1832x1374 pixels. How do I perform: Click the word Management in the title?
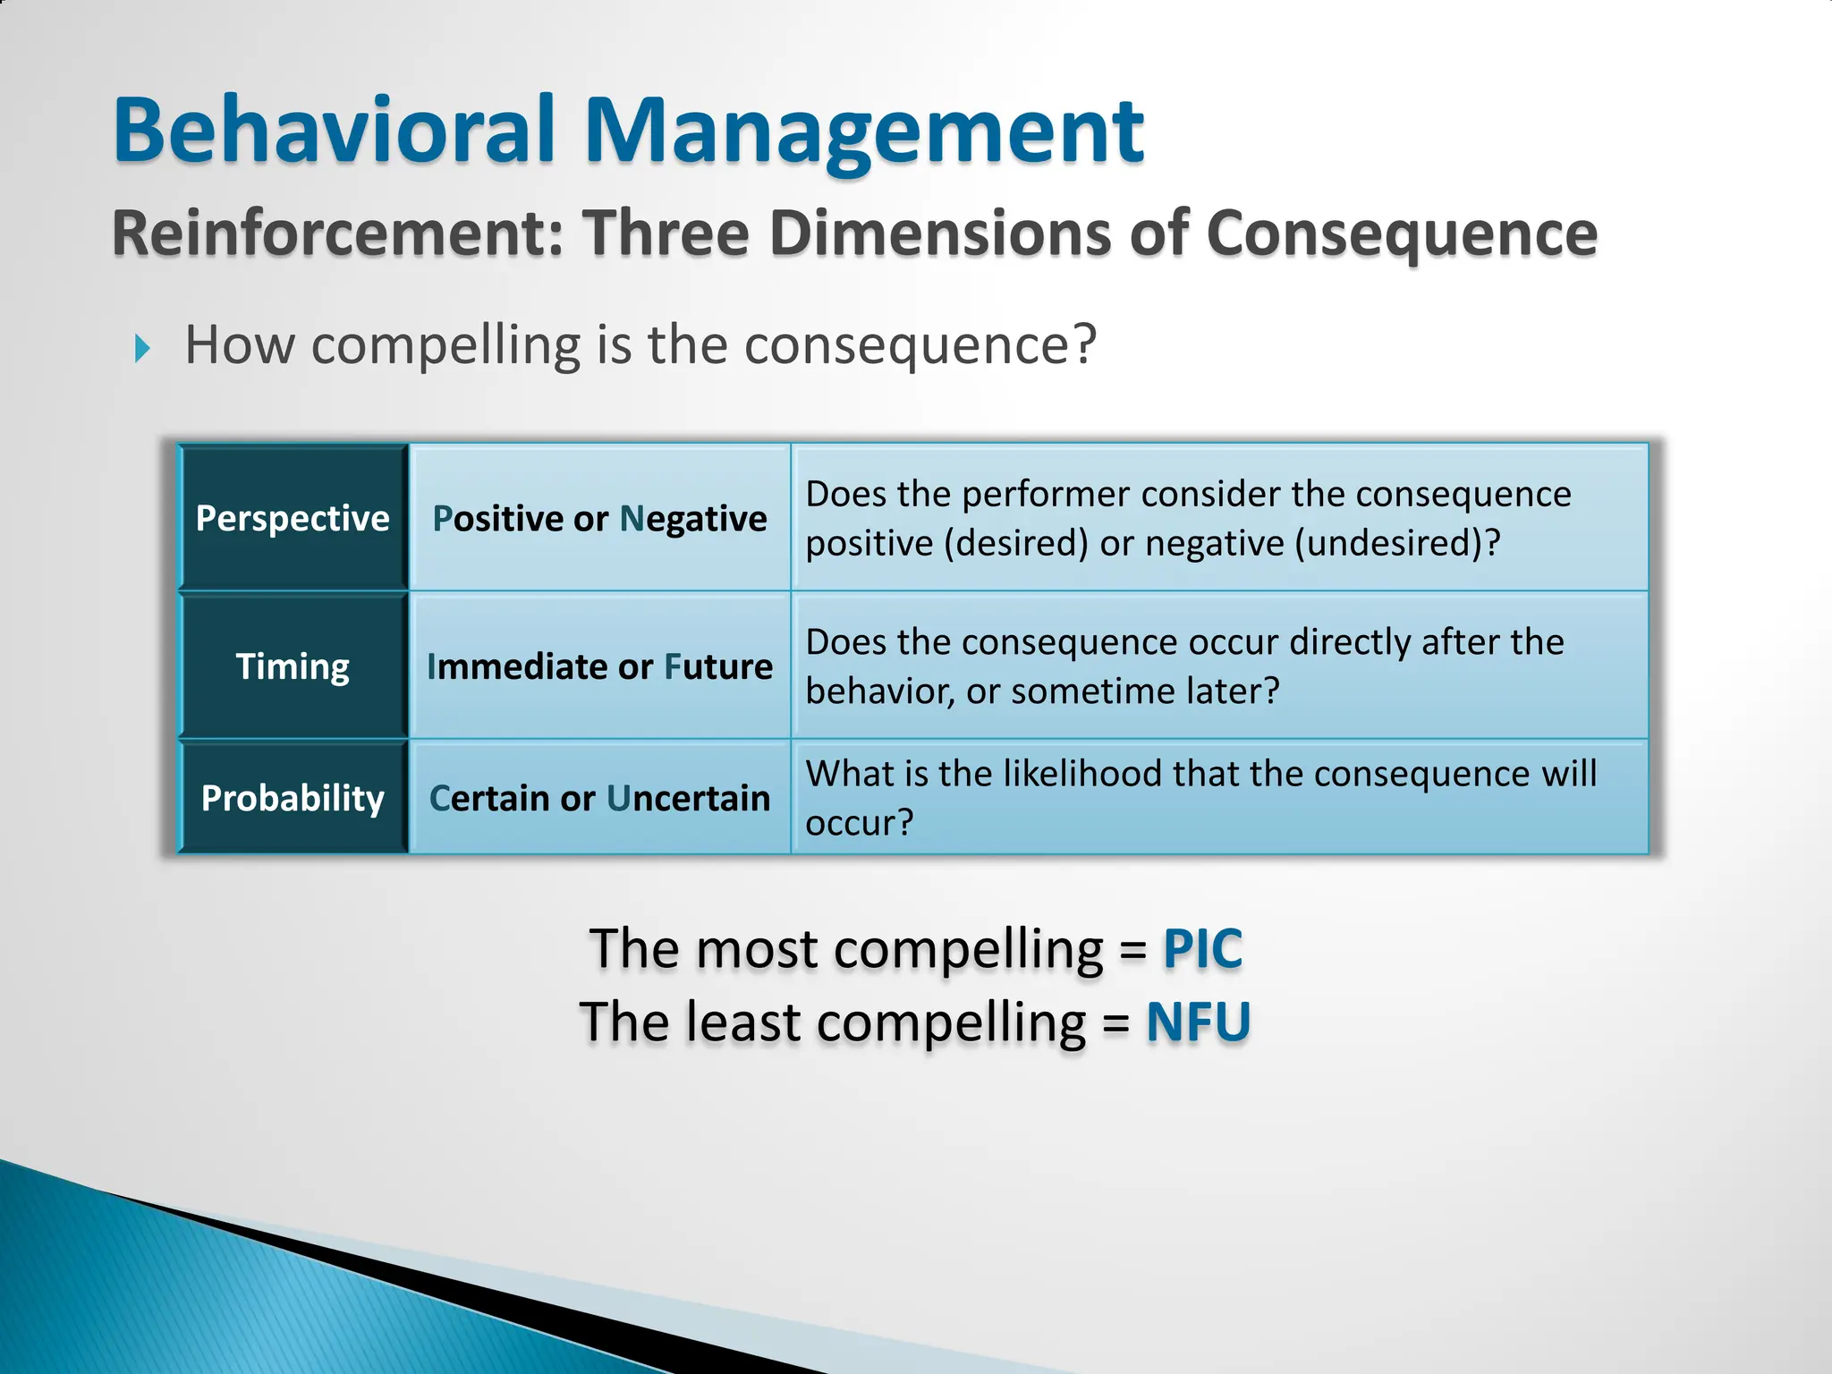point(864,132)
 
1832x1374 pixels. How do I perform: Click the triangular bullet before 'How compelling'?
point(142,348)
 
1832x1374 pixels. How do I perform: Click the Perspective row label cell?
point(293,518)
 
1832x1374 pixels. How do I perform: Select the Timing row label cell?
point(293,666)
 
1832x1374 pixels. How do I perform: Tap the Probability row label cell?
point(293,797)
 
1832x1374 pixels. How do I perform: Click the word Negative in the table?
point(693,519)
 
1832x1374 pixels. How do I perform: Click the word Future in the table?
point(718,666)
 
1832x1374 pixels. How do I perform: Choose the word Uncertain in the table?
point(688,798)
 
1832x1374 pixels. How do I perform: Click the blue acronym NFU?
point(1198,1022)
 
